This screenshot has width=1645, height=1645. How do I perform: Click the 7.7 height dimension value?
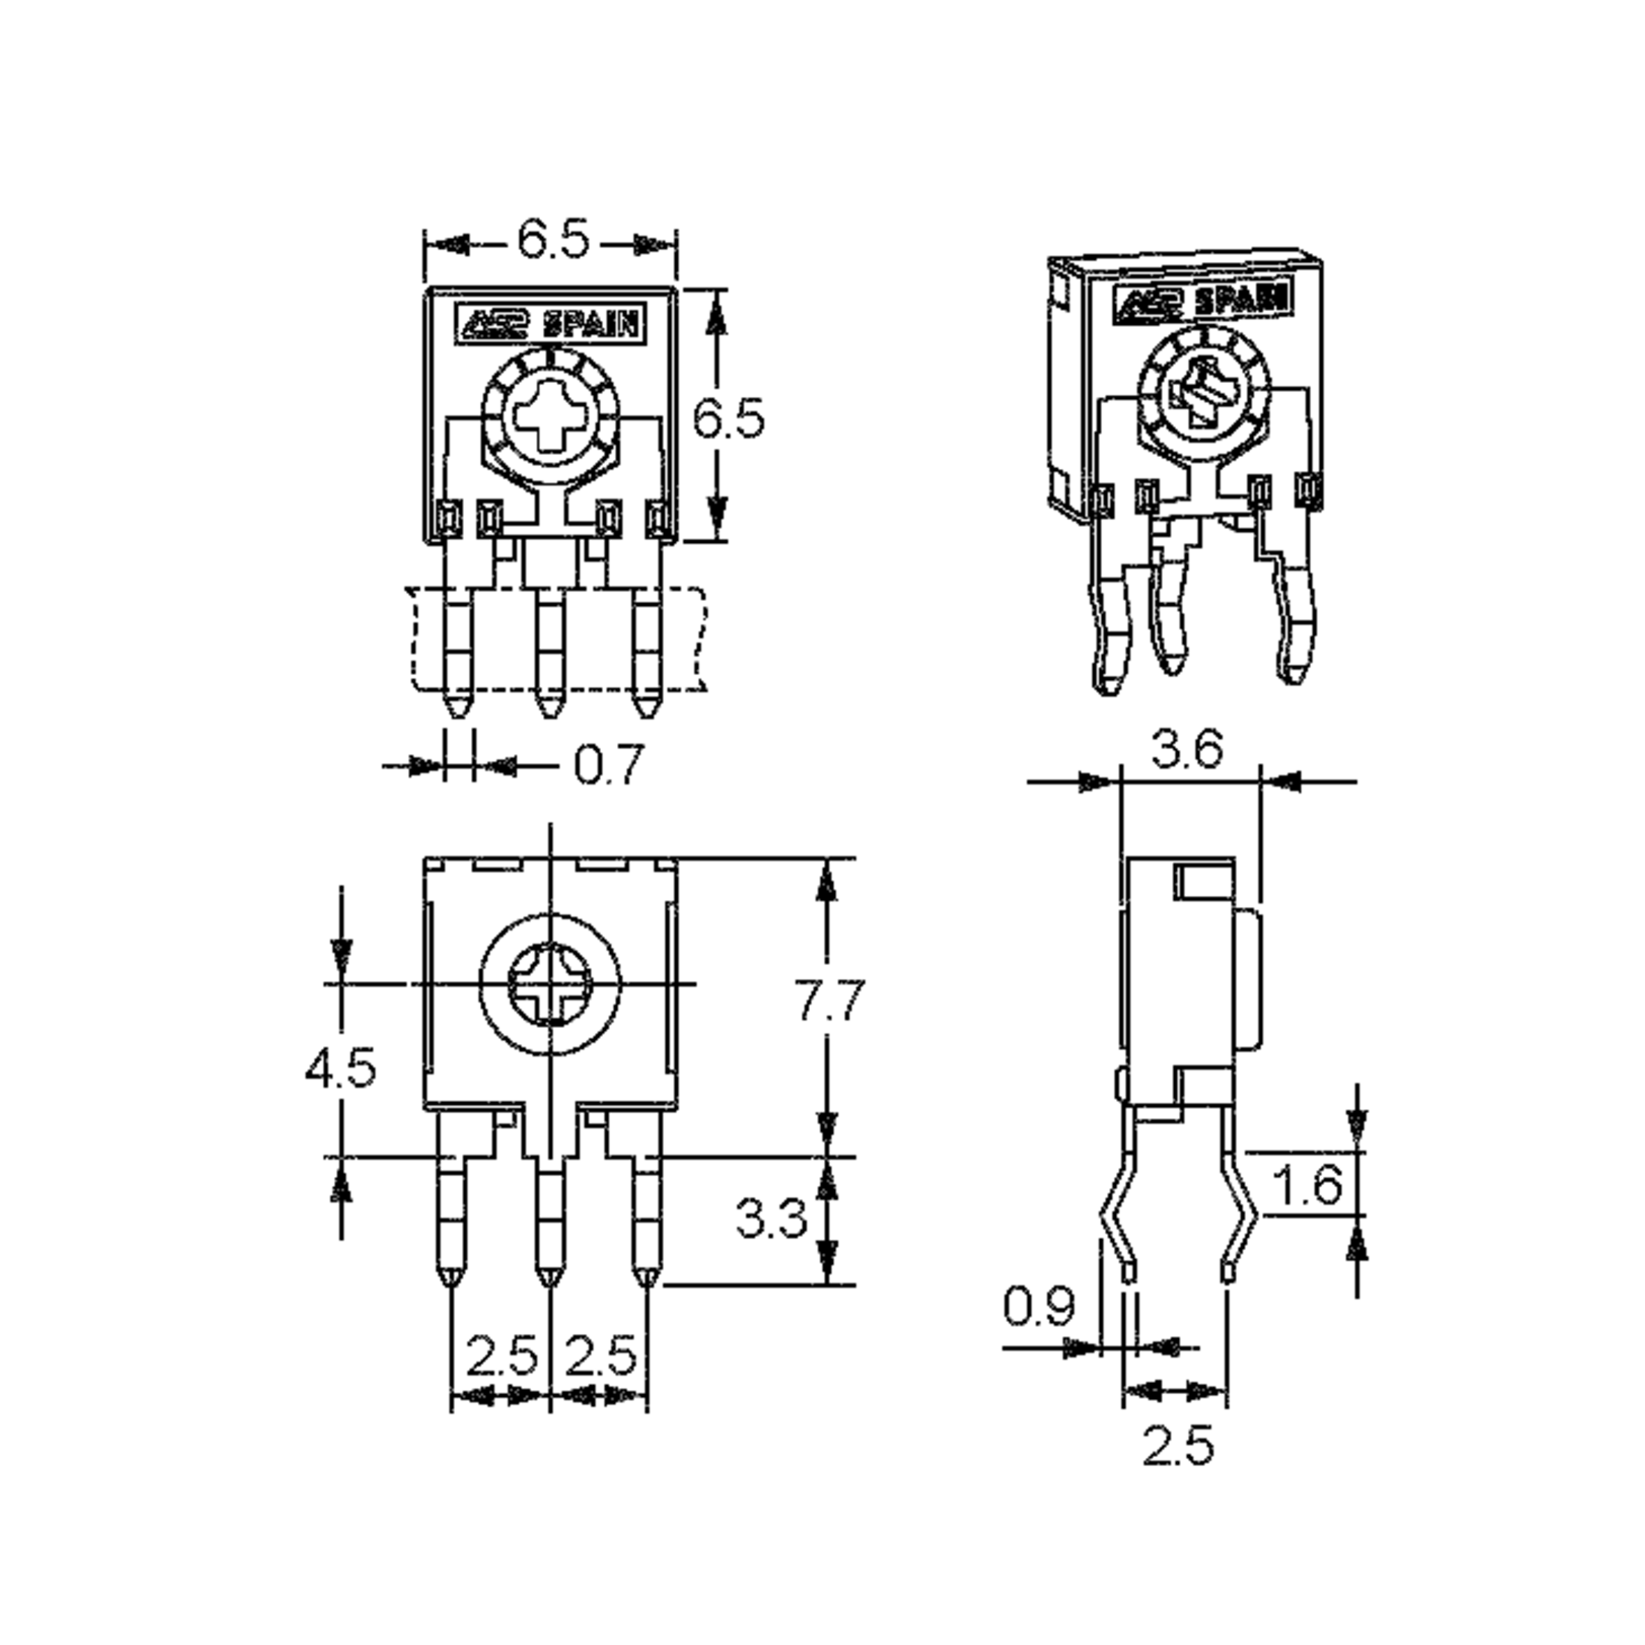(830, 1001)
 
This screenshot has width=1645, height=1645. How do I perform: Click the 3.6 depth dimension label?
(1187, 750)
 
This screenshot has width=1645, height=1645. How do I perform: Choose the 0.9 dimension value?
(1039, 1305)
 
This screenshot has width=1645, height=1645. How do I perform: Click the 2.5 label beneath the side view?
(1178, 1446)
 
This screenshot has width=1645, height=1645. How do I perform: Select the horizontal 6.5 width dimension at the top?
(552, 241)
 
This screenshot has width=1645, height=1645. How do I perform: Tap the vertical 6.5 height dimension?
(729, 418)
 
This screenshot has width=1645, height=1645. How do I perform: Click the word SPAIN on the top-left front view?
(591, 324)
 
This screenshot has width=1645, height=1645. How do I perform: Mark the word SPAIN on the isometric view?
(1241, 299)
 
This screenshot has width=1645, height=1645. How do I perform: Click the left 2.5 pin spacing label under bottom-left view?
(502, 1354)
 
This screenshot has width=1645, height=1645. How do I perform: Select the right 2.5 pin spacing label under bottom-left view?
(601, 1354)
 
